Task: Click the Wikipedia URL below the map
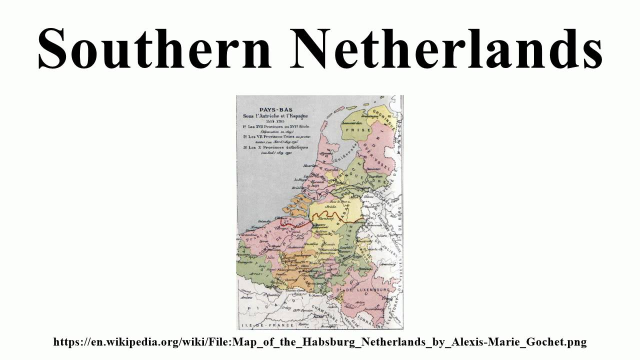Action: pos(319,342)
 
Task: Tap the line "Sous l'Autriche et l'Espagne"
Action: pos(272,115)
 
